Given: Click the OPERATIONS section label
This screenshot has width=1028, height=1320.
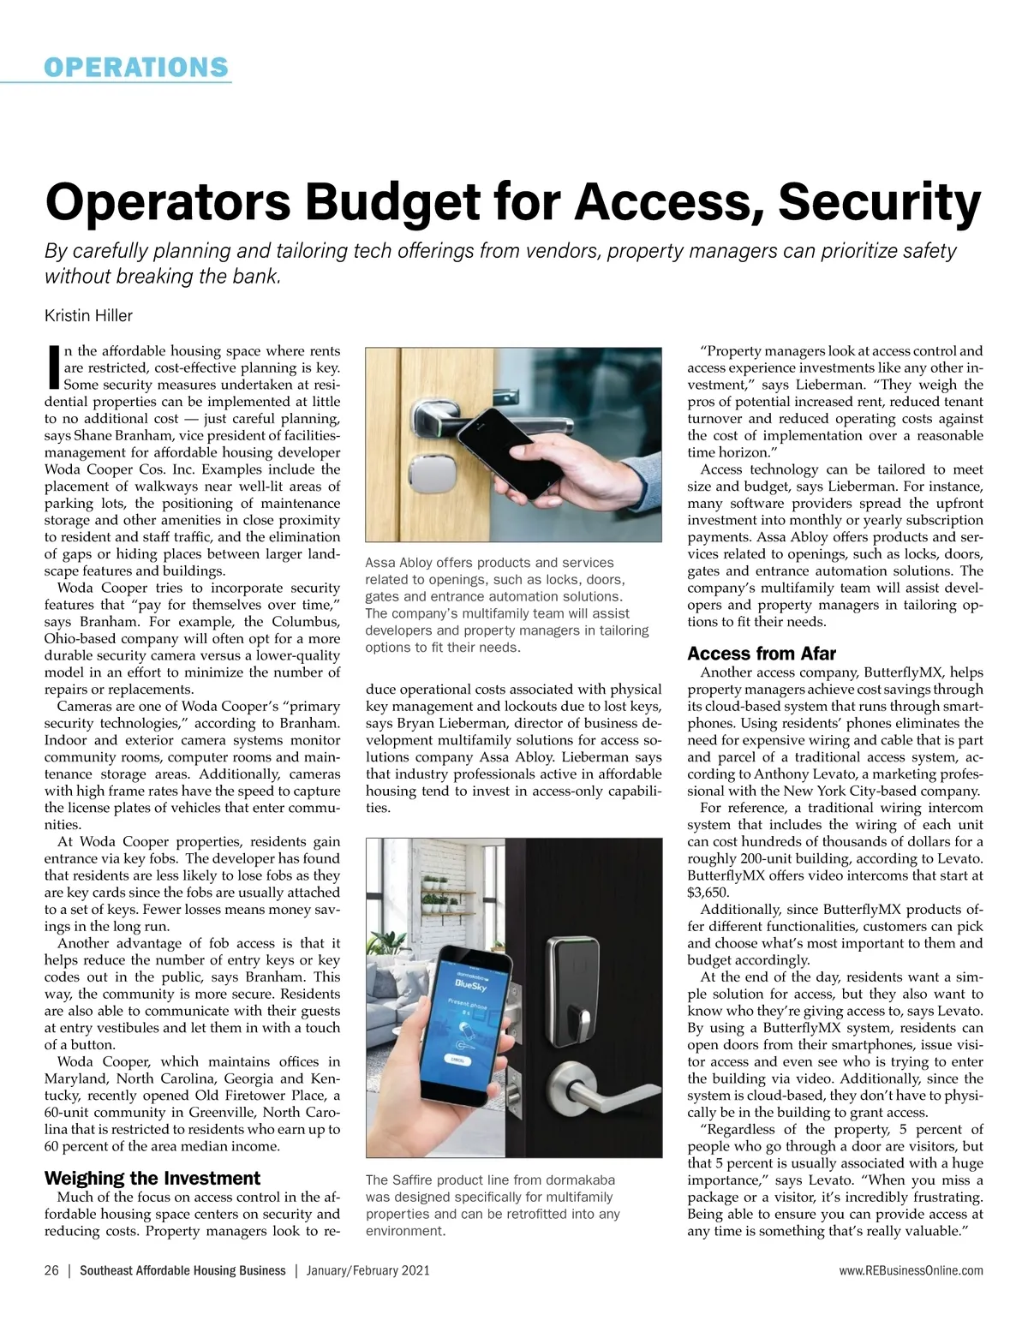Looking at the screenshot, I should tap(136, 67).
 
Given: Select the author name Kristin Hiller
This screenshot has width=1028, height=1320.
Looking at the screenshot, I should tap(88, 316).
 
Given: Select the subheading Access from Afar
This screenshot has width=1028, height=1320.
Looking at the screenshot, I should tap(762, 654).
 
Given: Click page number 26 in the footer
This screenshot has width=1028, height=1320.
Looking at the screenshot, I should tap(51, 1270).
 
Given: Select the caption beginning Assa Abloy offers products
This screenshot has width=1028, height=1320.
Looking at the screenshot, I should tap(507, 605).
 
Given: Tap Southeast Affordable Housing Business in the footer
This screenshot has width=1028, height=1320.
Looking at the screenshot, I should tap(182, 1270).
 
